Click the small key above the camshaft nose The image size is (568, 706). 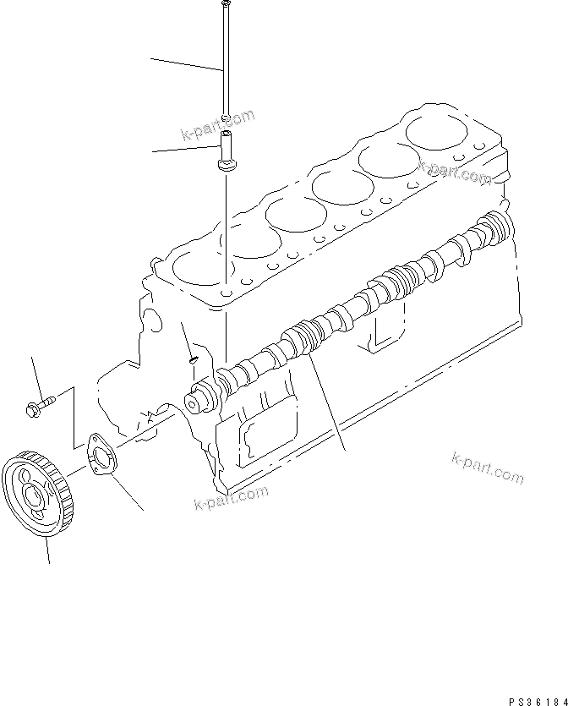coord(191,359)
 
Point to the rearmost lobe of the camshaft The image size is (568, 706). coord(494,227)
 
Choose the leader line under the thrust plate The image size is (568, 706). coord(127,495)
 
